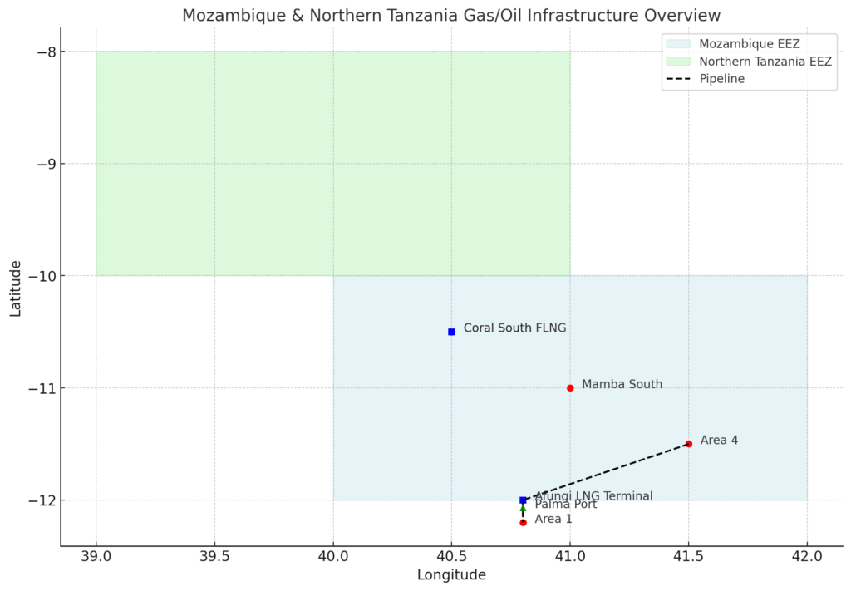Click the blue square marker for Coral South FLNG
451,332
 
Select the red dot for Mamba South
570,387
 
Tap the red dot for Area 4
689,444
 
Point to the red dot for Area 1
523,522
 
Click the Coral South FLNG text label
514,328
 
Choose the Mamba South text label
622,384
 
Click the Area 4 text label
719,441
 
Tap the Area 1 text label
553,520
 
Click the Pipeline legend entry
721,79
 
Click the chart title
451,16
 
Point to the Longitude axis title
451,574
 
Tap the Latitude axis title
16,287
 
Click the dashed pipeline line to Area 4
607,471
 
